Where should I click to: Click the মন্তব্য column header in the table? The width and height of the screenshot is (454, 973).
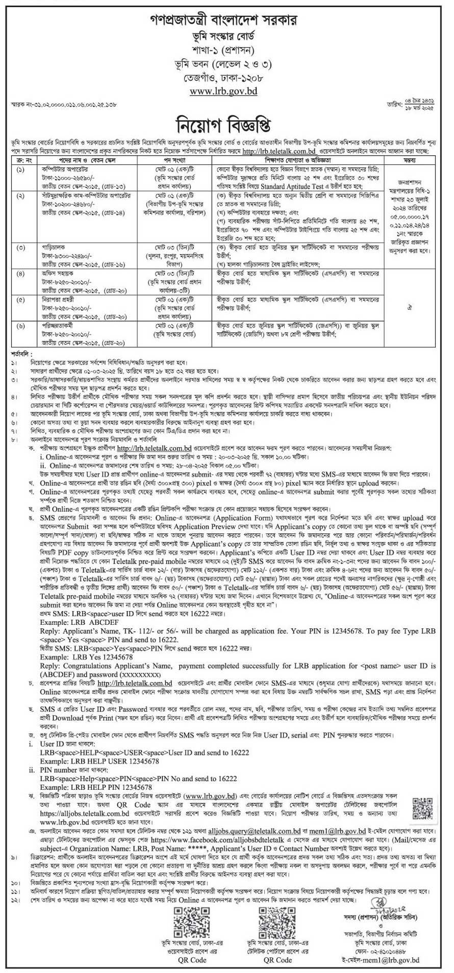[413, 160]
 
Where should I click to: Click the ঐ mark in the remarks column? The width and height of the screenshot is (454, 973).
[413, 309]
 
